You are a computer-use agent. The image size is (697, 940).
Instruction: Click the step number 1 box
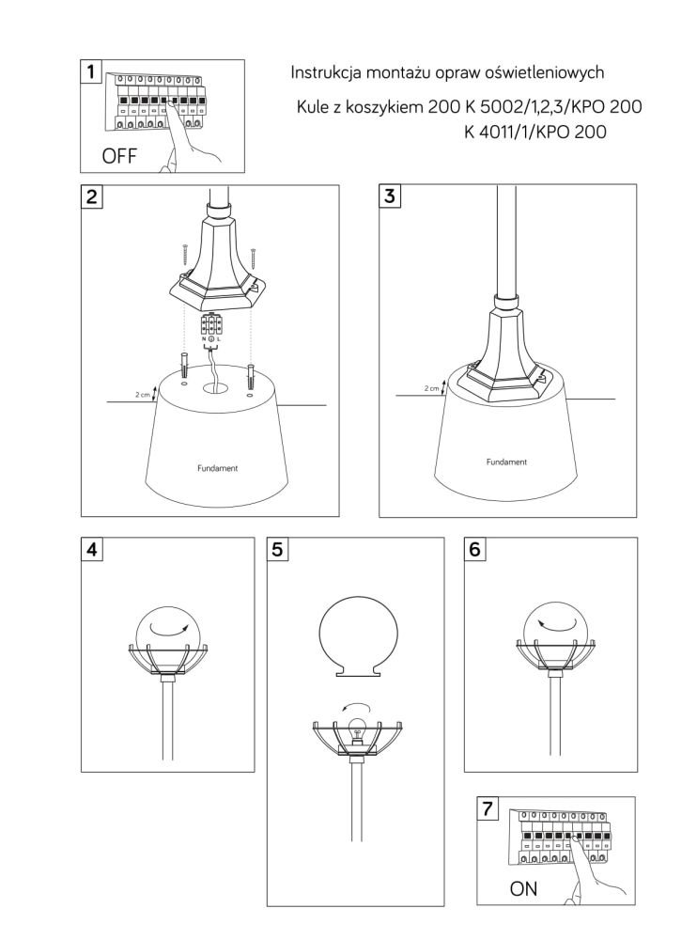91,71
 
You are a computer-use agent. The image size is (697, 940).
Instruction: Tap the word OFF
119,156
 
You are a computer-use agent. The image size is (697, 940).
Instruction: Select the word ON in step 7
523,888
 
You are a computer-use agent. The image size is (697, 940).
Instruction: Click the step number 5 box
277,549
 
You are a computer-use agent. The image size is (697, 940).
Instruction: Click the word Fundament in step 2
218,468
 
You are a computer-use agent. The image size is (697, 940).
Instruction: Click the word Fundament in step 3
506,462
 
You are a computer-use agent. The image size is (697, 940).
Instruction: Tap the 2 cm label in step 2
142,395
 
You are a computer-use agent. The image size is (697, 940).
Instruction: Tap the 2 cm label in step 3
431,388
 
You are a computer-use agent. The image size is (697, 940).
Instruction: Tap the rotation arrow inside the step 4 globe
168,629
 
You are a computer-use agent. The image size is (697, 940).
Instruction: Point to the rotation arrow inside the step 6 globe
556,623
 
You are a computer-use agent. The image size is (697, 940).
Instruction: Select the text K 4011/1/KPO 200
535,132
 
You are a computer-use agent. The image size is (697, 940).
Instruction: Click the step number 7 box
488,808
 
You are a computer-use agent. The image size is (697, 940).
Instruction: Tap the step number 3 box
390,196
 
